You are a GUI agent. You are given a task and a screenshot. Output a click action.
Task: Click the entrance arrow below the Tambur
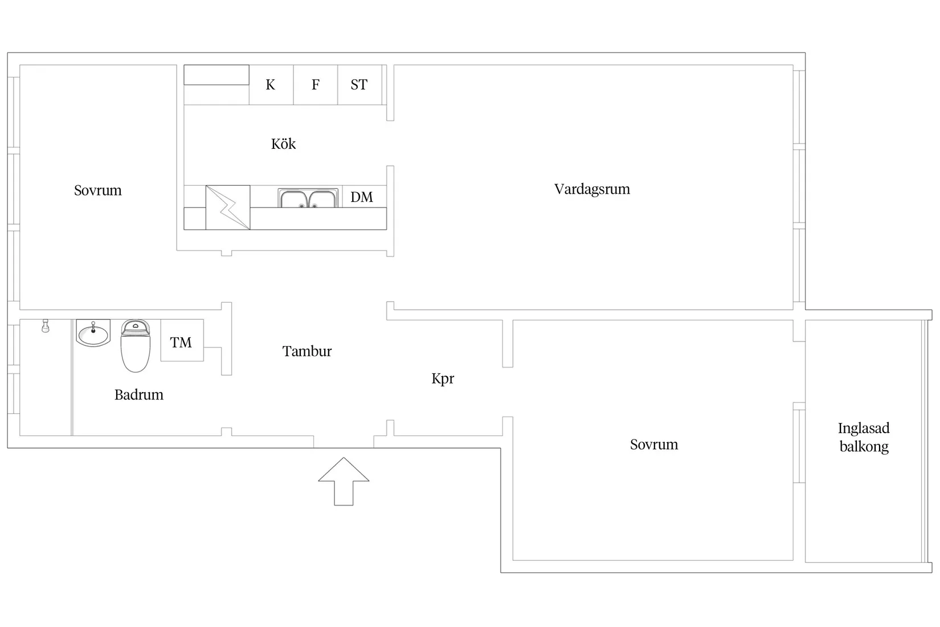coord(344,481)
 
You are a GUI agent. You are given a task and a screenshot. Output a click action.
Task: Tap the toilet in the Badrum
coord(135,345)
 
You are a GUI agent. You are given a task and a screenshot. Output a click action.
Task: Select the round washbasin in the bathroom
coord(93,333)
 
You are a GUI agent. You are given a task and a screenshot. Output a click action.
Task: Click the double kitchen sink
coord(308,198)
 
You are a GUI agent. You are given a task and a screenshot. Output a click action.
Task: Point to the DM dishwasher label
coord(361,197)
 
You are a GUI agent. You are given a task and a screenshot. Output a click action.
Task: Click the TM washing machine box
coord(182,340)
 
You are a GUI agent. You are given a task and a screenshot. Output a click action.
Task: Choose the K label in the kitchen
coord(270,85)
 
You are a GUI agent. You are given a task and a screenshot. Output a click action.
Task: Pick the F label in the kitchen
coord(316,85)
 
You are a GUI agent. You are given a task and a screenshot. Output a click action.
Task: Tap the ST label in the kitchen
coord(359,85)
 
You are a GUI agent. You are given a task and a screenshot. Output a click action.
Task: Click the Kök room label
coord(283,144)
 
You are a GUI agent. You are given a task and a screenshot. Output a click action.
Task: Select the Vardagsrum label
coord(592,189)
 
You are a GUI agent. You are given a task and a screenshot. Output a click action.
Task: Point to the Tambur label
coord(306,351)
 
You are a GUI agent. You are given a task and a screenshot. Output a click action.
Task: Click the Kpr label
coord(443,379)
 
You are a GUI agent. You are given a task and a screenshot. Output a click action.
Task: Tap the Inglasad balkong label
coord(864,437)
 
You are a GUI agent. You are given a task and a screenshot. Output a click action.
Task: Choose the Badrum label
coord(139,395)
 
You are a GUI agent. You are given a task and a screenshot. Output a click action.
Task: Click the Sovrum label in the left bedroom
coord(98,190)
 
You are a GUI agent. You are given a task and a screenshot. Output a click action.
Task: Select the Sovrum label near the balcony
coord(654,445)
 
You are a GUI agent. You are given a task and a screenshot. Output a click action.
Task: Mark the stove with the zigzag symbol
coord(228,207)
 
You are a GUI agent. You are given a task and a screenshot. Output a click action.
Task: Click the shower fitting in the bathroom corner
coord(46,326)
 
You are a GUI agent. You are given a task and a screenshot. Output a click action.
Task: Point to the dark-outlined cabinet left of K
coord(216,75)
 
